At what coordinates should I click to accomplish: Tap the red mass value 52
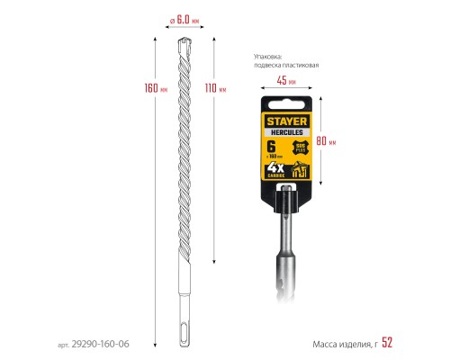[x=388, y=342]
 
